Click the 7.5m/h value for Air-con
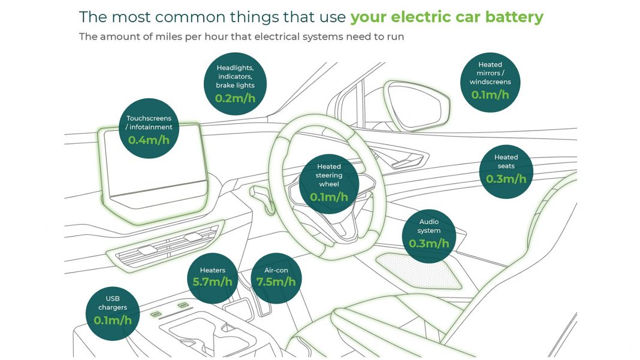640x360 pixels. [x=276, y=282]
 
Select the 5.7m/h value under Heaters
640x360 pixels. [x=212, y=282]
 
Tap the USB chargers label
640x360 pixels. [x=113, y=303]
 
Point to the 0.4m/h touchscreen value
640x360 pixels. [x=149, y=140]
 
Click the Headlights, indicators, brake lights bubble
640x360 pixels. [x=235, y=84]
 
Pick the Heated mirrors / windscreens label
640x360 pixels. [x=490, y=73]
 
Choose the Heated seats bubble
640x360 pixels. [x=506, y=172]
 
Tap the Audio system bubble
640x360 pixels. [x=429, y=237]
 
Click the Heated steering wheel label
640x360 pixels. [x=329, y=175]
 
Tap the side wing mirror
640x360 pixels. [x=416, y=105]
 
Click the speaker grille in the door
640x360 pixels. [x=419, y=271]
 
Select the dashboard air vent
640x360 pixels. [x=165, y=246]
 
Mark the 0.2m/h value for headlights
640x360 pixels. [x=235, y=98]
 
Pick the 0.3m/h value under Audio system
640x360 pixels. [x=429, y=244]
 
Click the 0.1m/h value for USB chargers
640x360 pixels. [x=113, y=320]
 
